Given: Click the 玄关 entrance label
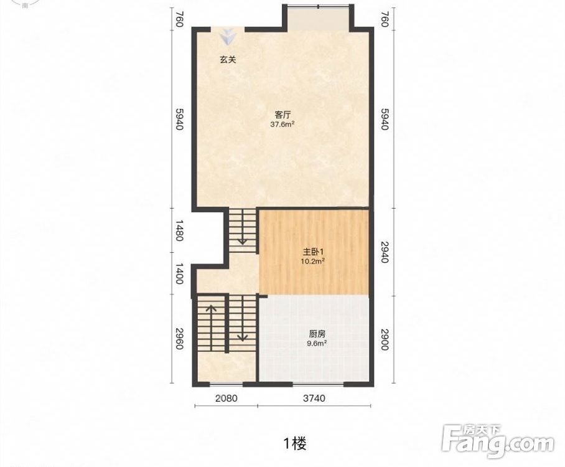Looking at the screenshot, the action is point(228,60).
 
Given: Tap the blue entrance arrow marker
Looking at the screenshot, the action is point(228,37).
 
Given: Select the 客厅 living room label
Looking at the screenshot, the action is point(282,115).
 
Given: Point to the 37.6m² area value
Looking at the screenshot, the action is point(282,125).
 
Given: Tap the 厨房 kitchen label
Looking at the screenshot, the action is point(317,334).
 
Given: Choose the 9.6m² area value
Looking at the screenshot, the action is point(317,343).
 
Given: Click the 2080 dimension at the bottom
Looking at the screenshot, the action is point(226,398).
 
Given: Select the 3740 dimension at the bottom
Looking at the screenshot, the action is point(314,398).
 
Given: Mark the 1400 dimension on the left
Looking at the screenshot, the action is point(180,274).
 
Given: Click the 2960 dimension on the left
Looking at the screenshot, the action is point(180,339).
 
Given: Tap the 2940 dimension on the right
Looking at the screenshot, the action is point(385,252).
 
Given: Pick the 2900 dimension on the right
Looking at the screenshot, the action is point(385,339).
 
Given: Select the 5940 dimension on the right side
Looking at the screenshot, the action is point(385,119).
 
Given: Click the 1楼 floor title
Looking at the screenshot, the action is point(295,443).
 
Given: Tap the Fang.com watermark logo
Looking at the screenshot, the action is point(498,441).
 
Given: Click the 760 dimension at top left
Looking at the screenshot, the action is point(180,19).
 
